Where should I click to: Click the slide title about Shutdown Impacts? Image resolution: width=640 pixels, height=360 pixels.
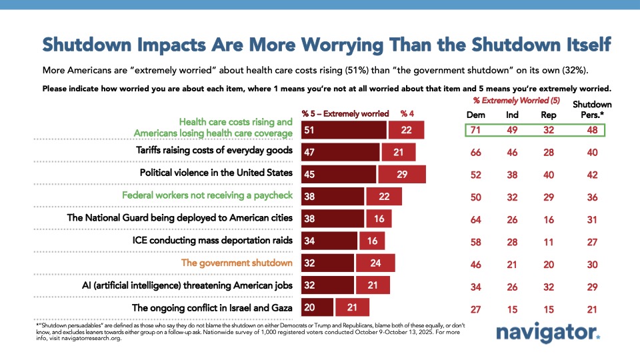click(x=327, y=44)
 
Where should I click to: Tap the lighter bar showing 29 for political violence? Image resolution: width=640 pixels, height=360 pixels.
click(x=401, y=174)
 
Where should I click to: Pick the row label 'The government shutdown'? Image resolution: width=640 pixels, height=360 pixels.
click(x=237, y=263)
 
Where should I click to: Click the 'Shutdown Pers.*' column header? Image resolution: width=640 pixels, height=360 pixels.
click(x=593, y=109)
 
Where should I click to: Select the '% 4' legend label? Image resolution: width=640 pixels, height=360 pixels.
click(x=407, y=113)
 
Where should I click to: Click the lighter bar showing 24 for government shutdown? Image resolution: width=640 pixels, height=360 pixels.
click(x=375, y=263)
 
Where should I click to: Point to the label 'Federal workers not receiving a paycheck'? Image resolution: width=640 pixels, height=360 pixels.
click(x=208, y=195)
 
